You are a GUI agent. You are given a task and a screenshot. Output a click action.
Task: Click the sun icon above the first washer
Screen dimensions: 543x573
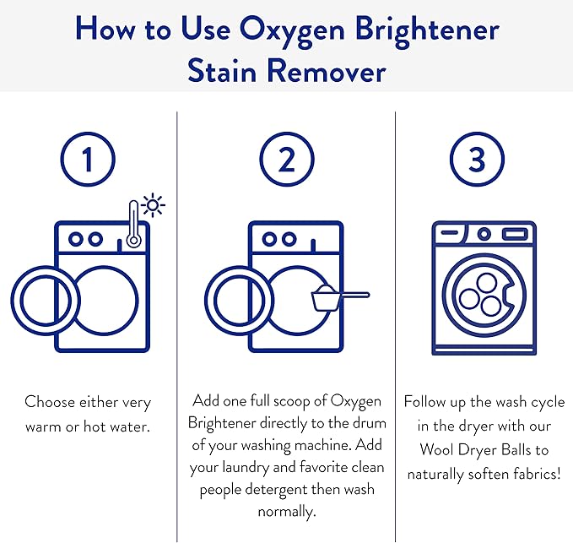coord(154,205)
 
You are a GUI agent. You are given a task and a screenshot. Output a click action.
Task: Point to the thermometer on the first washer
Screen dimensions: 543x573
coord(132,225)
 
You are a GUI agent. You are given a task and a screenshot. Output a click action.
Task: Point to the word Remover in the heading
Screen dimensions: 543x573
coord(332,70)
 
